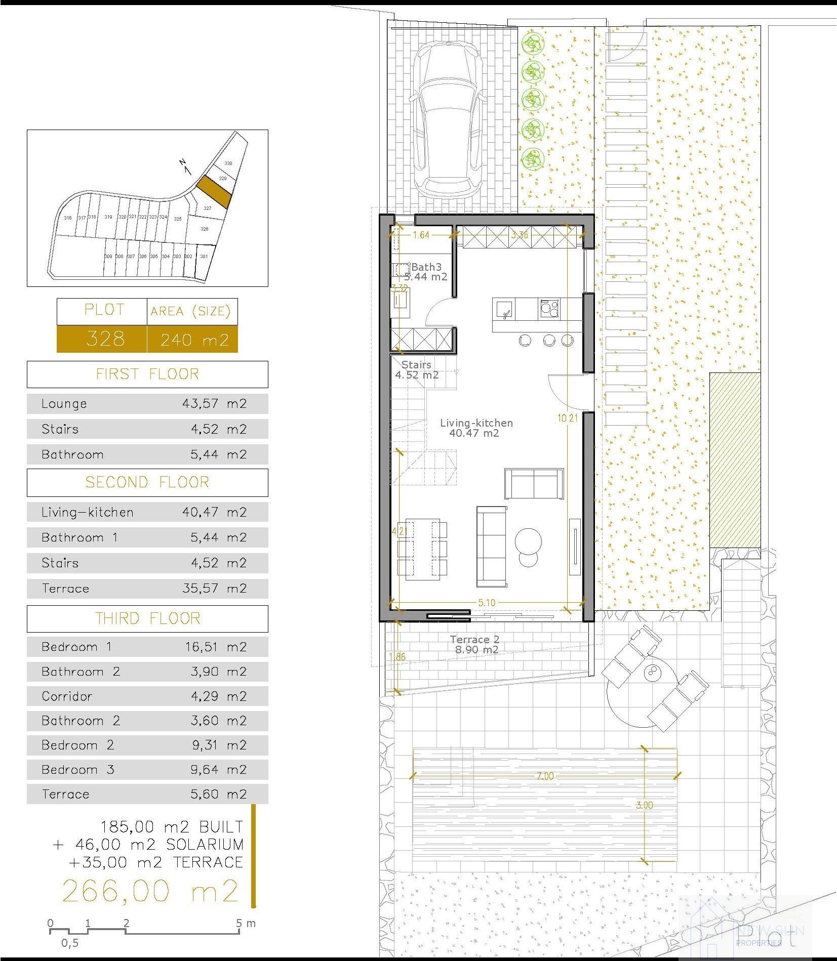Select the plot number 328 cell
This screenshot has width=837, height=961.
tap(105, 339)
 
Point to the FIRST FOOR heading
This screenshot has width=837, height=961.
tap(147, 374)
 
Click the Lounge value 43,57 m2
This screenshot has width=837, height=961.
tap(214, 403)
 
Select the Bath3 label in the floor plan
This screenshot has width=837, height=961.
tap(426, 267)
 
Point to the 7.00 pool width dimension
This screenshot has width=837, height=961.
tap(545, 776)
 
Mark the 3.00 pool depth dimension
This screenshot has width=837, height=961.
tap(644, 805)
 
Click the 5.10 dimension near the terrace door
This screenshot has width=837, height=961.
tap(487, 603)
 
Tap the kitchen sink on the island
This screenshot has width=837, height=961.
tap(504, 309)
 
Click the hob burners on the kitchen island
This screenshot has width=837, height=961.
tap(549, 308)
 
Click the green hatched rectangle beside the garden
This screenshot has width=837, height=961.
tap(735, 460)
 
